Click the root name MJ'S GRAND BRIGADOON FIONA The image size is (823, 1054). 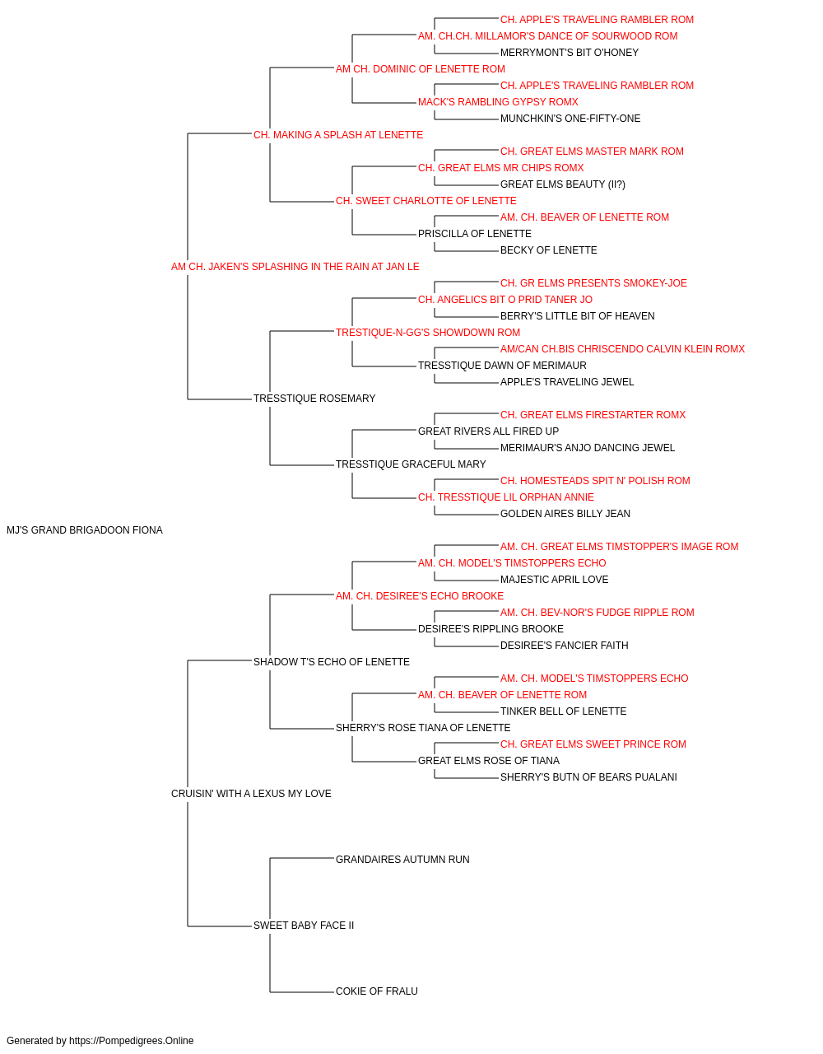click(85, 530)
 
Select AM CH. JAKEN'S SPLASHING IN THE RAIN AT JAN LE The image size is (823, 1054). click(295, 267)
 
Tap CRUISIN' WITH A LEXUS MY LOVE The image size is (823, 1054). click(251, 794)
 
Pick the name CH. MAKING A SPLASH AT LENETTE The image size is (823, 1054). click(338, 135)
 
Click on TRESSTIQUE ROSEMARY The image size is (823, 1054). click(314, 399)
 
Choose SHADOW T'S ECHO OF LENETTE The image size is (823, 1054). click(332, 661)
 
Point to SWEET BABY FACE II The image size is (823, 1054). click(304, 925)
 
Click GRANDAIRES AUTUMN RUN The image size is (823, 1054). click(402, 860)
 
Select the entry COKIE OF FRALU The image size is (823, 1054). click(377, 991)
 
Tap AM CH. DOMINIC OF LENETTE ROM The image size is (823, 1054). click(421, 69)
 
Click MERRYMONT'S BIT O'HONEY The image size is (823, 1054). click(570, 53)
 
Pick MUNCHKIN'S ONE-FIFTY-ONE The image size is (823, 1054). click(570, 119)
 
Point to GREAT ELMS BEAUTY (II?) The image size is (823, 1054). click(563, 184)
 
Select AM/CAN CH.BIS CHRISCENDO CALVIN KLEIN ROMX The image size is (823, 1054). click(622, 349)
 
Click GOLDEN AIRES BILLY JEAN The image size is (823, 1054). click(565, 514)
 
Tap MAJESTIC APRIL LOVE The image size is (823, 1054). click(555, 579)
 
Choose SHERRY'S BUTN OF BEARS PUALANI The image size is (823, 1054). click(588, 777)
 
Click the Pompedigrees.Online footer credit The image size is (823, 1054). click(100, 1041)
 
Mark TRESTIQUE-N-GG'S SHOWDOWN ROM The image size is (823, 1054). click(428, 332)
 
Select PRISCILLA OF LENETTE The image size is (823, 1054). click(475, 234)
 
